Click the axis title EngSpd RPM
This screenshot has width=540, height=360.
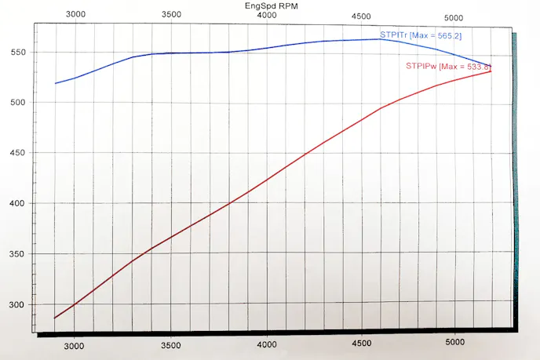coord(271,5)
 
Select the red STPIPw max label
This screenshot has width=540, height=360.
coord(448,66)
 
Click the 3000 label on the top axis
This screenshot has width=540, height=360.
coord(76,15)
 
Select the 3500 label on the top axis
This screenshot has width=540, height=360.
coord(171,15)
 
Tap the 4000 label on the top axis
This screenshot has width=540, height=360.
coord(267,15)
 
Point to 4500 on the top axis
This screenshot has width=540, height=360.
coord(362,15)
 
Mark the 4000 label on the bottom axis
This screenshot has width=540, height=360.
coord(267,344)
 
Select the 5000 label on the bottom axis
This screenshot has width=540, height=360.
coord(456,344)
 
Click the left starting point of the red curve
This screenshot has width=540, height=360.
coord(55,318)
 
